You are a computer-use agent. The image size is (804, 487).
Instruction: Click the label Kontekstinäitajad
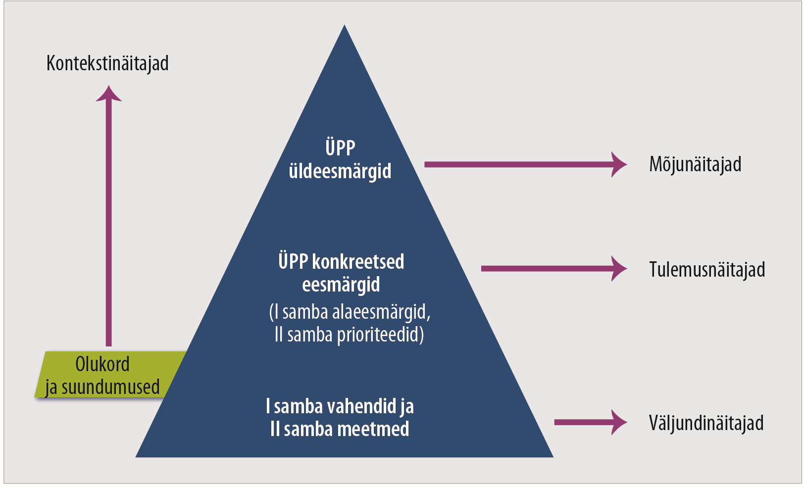[107, 63]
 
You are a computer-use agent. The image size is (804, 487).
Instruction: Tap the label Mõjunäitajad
[695, 164]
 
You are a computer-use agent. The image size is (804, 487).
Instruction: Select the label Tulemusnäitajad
[707, 270]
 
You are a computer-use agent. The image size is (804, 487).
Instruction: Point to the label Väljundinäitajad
[706, 423]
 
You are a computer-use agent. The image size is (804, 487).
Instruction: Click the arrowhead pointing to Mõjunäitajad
[618, 164]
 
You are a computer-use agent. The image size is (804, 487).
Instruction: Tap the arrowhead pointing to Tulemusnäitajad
[618, 269]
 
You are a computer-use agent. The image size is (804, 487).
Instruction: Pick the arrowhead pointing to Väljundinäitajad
[618, 422]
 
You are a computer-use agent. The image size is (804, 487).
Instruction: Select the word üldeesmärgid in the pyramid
[340, 171]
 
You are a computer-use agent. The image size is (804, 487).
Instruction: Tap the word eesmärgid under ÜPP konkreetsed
[341, 285]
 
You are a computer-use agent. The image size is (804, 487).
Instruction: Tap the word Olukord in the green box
[102, 364]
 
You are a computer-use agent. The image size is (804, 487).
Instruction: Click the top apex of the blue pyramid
[345, 27]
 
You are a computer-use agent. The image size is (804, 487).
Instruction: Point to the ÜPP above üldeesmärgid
[340, 147]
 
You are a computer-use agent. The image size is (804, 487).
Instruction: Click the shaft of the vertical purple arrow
[109, 223]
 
